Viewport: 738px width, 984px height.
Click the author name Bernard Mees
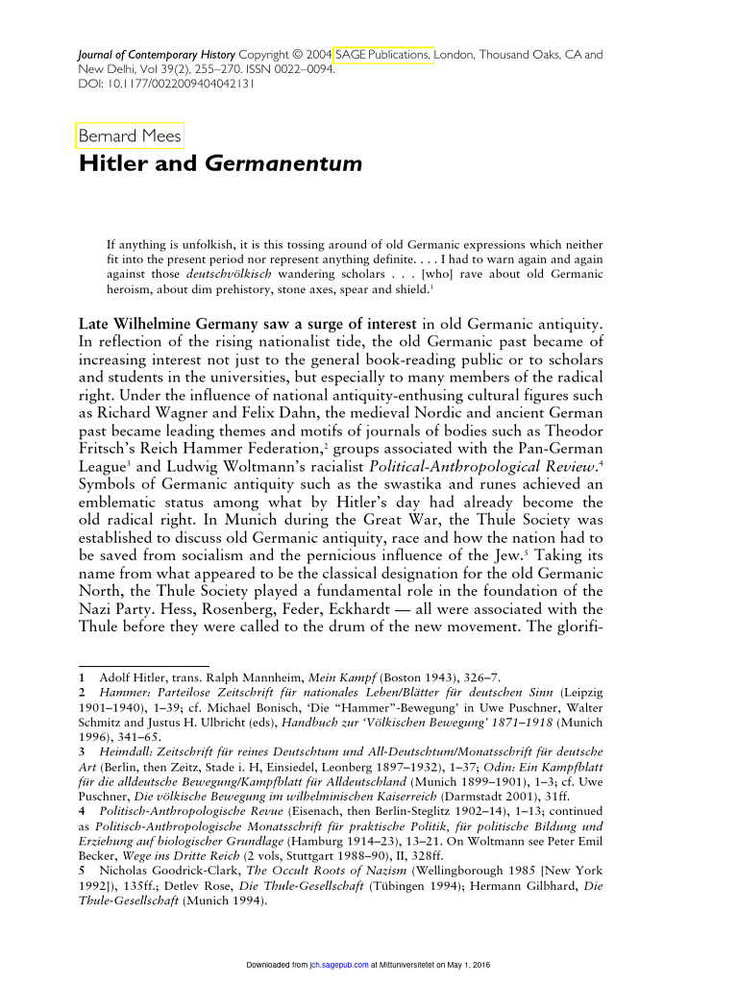129,136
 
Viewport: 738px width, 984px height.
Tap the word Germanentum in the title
283,164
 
